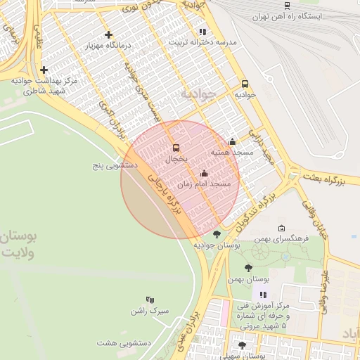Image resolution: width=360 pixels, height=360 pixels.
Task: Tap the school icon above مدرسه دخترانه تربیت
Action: pyautogui.click(x=202, y=32)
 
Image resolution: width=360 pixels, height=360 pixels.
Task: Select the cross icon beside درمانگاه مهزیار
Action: pyautogui.click(x=108, y=34)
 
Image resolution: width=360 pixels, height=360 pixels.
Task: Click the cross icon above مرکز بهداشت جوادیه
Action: pyautogui.click(x=44, y=70)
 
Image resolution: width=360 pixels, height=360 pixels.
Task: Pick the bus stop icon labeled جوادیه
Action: pyautogui.click(x=245, y=84)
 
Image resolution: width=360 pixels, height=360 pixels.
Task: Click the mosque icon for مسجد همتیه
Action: pyautogui.click(x=232, y=141)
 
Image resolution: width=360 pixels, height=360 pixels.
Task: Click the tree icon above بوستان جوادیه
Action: pyautogui.click(x=217, y=234)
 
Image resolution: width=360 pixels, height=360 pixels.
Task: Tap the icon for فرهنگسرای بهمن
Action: pyautogui.click(x=282, y=229)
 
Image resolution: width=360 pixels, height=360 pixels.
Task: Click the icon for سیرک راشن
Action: pyautogui.click(x=149, y=300)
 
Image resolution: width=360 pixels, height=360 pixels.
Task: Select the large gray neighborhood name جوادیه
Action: pyautogui.click(x=195, y=93)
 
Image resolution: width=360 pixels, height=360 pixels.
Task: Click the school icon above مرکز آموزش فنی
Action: pyautogui.click(x=263, y=295)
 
